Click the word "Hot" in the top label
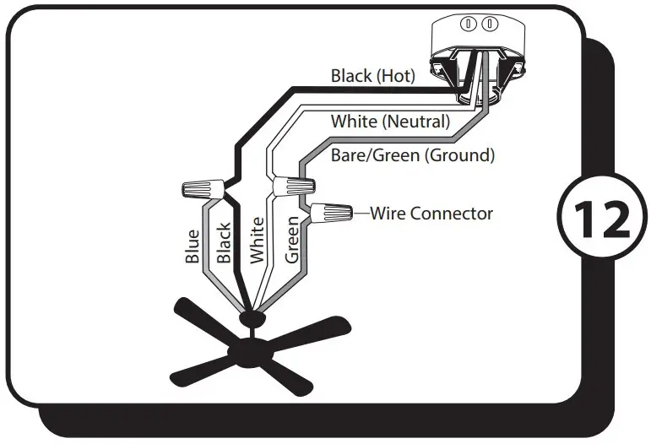396,77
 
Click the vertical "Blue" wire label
193,246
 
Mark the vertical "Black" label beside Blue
224,246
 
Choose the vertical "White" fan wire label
257,241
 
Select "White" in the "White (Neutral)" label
354,122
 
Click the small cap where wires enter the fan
252,317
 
